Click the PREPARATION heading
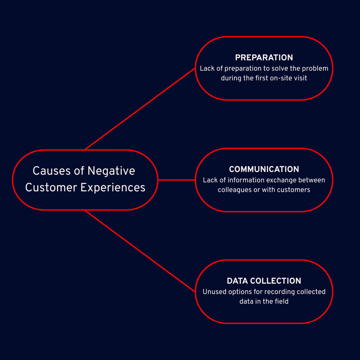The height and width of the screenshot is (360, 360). pos(264,58)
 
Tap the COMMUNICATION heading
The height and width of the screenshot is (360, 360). pos(264,169)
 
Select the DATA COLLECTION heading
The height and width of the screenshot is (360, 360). pos(264,281)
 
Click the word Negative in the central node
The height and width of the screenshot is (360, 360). pos(111,171)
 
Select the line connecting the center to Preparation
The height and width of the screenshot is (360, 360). pos(140,109)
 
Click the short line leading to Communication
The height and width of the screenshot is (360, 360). pos(176,180)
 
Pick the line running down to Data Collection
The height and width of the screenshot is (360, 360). pos(140,251)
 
